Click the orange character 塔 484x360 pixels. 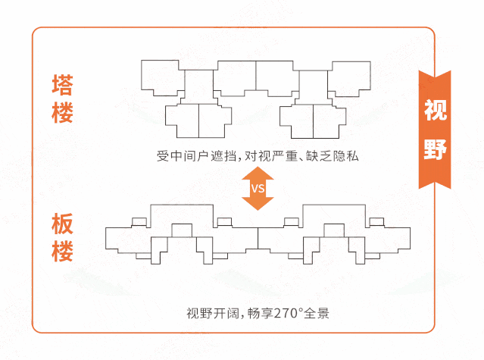point(63,84)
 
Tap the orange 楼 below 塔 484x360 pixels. point(63,112)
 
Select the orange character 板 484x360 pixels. point(63,224)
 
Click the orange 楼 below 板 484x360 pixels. point(63,251)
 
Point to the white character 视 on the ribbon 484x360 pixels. point(436,110)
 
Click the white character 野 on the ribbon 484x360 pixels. point(436,149)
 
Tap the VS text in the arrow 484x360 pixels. point(258,188)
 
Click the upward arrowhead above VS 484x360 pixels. point(258,174)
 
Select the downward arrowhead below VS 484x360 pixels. point(258,203)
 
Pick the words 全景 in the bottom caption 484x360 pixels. point(317,313)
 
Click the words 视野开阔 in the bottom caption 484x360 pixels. point(213,313)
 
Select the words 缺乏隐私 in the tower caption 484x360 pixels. point(333,156)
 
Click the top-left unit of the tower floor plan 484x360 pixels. point(160,77)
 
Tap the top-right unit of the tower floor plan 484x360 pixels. point(349,79)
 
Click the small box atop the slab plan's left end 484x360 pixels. point(139,222)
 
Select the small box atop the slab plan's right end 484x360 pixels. point(376,222)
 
